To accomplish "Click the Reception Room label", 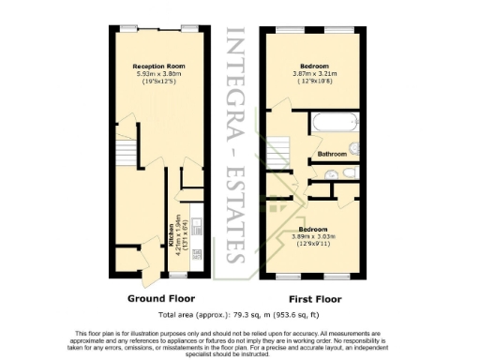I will (154, 67).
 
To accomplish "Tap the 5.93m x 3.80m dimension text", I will (154, 74).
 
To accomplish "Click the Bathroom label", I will (332, 154).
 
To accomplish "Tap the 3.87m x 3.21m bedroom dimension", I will (315, 74).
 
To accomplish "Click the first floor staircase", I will (277, 150).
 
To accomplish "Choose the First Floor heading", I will (310, 299).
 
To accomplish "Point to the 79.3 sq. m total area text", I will (239, 315).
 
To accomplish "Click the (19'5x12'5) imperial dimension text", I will (154, 82).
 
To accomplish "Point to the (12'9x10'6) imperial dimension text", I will (315, 82).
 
